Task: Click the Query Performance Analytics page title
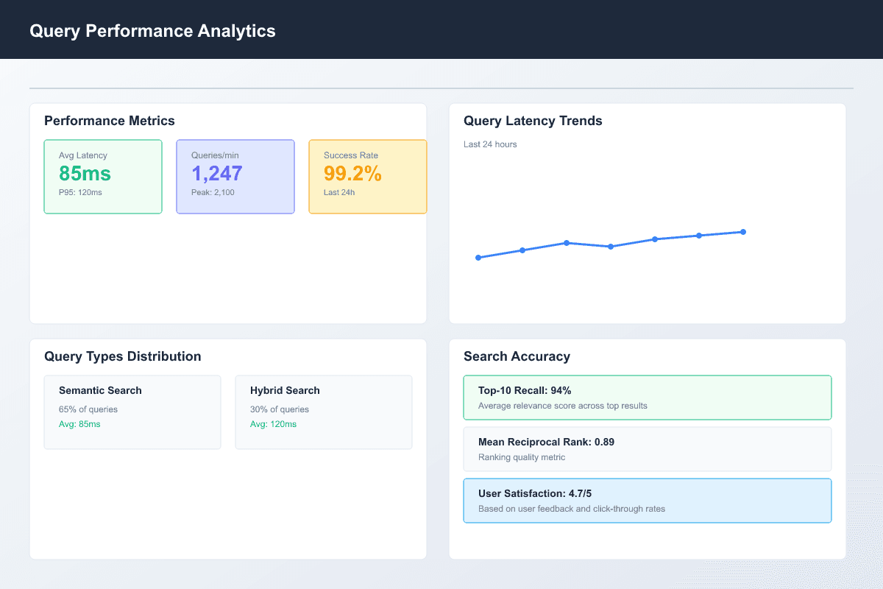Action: (x=152, y=31)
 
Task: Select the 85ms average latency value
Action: (x=85, y=174)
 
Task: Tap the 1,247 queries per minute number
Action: (x=217, y=174)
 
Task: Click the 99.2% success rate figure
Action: (x=352, y=174)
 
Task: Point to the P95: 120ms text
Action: (x=81, y=192)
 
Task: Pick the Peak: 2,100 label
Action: (x=213, y=192)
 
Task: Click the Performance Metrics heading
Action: (x=110, y=121)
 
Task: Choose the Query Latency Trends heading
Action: (x=533, y=121)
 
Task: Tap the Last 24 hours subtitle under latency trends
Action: (x=490, y=144)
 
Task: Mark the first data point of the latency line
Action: (x=478, y=258)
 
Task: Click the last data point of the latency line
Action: (x=743, y=232)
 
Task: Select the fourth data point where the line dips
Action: (x=611, y=247)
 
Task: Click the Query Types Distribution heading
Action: (x=122, y=356)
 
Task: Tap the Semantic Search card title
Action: (x=100, y=390)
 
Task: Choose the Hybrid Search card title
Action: (x=285, y=390)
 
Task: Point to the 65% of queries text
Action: (x=88, y=409)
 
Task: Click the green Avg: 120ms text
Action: (x=273, y=424)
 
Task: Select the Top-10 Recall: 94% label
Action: (x=525, y=390)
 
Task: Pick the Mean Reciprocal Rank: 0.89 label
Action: (x=546, y=442)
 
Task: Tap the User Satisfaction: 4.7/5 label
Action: (x=535, y=493)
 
